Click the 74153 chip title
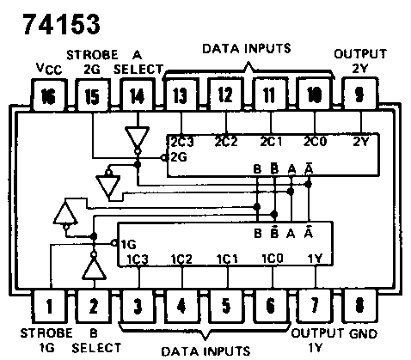61,24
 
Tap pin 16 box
48,95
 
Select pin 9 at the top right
360,94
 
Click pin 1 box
49,306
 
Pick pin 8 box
360,305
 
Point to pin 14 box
138,95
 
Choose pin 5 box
225,306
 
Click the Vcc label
49,69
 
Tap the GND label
363,334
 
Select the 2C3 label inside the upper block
182,142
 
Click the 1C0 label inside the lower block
273,259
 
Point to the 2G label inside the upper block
179,157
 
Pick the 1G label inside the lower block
128,244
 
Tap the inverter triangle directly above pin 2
94,270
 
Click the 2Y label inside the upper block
361,142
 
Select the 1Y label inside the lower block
315,259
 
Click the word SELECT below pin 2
96,348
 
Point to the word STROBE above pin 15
92,55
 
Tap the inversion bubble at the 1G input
114,243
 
